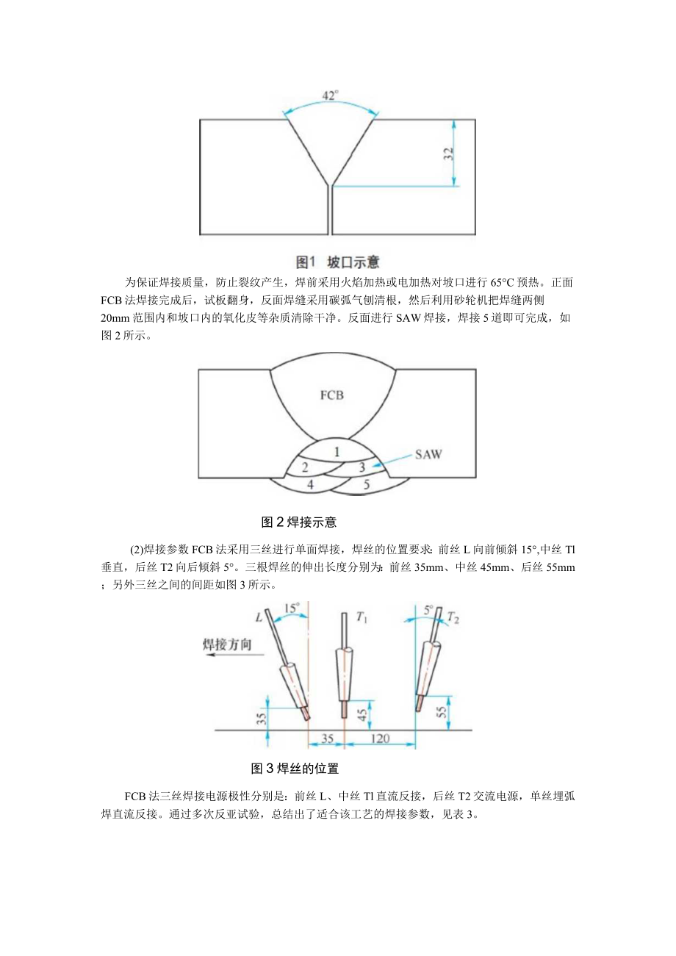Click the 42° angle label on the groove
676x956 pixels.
pos(331,96)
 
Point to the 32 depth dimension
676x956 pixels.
pos(448,154)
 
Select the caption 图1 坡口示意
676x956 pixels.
pos(337,262)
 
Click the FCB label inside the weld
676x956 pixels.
pos(331,395)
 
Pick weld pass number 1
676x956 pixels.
pos(337,452)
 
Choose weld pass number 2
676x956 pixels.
pos(304,467)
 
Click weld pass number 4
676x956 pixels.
pos(311,485)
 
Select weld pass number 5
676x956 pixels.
pos(367,485)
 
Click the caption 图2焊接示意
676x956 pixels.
pos(299,522)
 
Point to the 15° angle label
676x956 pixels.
pos(291,608)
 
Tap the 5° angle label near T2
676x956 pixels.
pos(428,608)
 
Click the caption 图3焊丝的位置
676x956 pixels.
pos(295,769)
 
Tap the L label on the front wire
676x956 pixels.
pos(259,619)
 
